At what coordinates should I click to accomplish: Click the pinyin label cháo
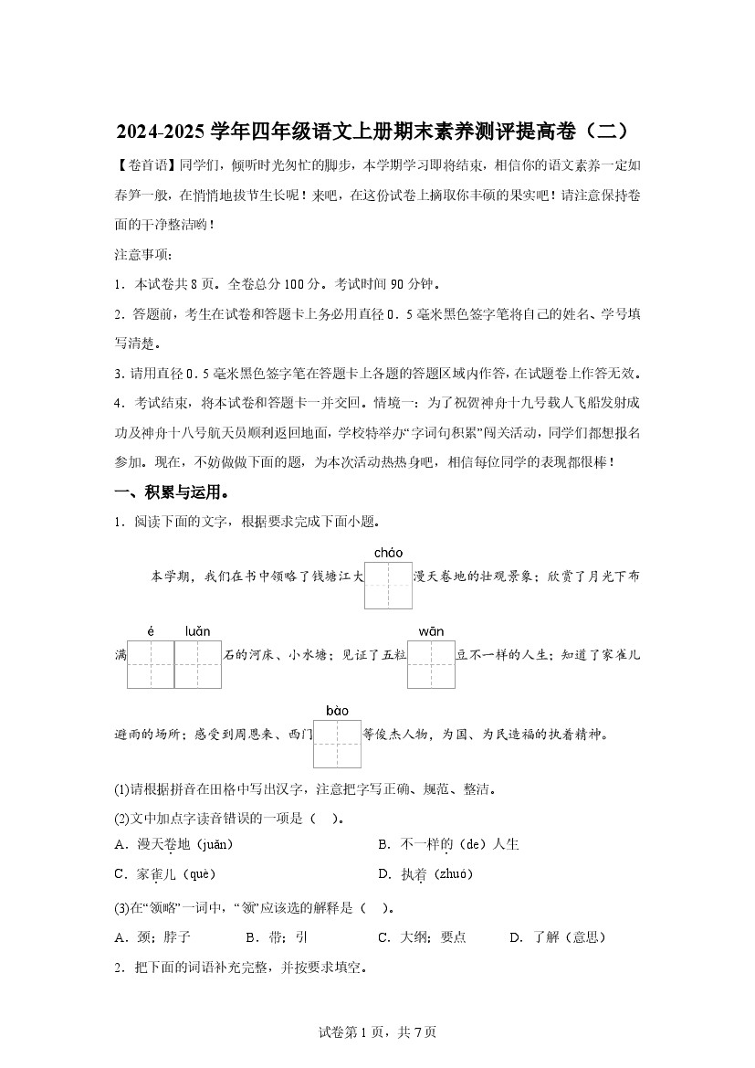click(x=388, y=553)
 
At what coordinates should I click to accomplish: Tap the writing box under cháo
click(x=388, y=585)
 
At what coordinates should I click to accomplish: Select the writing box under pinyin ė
click(x=151, y=664)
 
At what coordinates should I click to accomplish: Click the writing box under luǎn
click(x=198, y=664)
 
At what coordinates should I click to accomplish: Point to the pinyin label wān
click(x=431, y=631)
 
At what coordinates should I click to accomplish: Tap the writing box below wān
click(x=431, y=664)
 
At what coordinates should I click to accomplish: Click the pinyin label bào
click(x=337, y=711)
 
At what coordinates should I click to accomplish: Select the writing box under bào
click(x=338, y=744)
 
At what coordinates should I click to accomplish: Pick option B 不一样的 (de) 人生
click(x=448, y=845)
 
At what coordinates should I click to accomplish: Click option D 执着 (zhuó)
click(x=425, y=874)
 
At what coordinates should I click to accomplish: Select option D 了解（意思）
click(x=557, y=937)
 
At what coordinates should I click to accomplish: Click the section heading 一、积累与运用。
click(x=171, y=493)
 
